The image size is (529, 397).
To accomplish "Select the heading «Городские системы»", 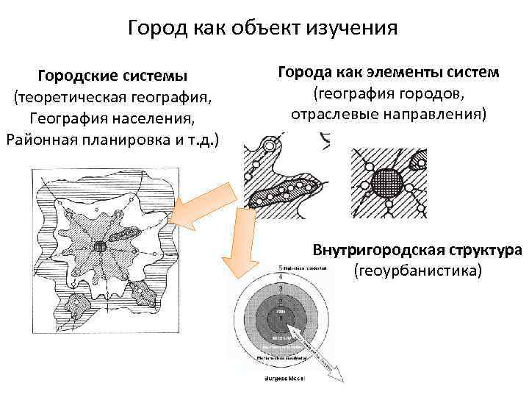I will click(x=113, y=76).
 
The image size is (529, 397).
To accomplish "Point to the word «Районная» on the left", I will click(x=37, y=139).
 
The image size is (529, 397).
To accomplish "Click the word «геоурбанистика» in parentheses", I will click(x=417, y=271).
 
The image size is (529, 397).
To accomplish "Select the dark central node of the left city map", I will click(x=101, y=246).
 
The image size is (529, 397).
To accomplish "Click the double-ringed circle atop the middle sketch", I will click(x=270, y=146).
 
